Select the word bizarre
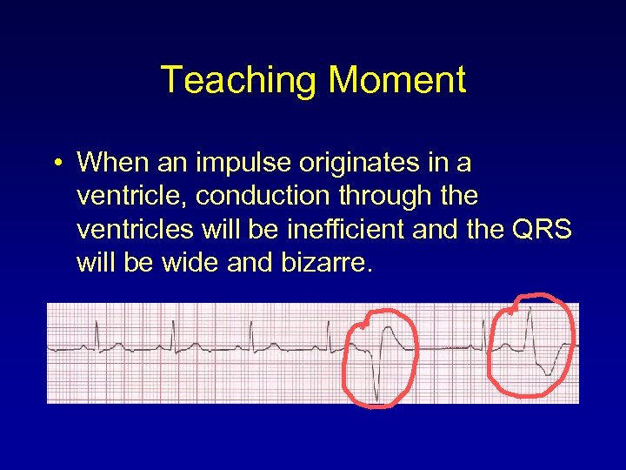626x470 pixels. [x=330, y=263]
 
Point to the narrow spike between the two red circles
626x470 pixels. [x=483, y=331]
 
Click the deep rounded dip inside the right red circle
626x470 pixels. [x=546, y=369]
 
